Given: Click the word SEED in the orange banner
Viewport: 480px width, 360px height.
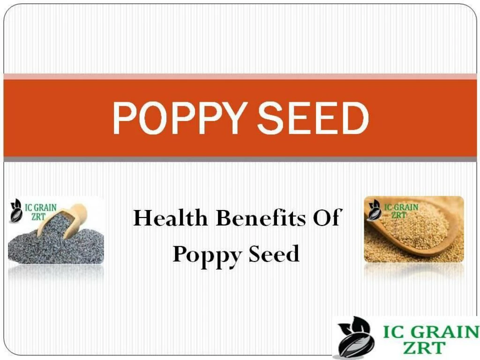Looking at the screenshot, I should [x=313, y=118].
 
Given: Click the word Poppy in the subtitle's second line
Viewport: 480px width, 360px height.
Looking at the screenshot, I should [x=206, y=255].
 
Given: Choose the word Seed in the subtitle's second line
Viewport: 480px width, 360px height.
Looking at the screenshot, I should [x=274, y=254].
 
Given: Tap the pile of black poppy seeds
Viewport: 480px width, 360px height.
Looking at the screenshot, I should [x=52, y=246].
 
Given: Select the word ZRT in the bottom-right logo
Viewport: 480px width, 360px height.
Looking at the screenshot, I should [x=425, y=348].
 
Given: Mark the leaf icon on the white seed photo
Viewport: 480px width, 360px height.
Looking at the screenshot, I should [x=374, y=209].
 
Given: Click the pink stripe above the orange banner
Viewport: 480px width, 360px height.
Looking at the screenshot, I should [x=240, y=76].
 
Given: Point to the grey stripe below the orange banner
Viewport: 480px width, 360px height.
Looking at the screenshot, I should [x=240, y=159].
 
